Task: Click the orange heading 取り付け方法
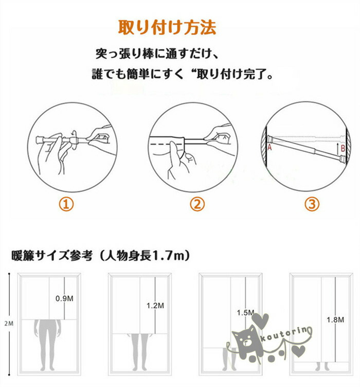coord(167,27)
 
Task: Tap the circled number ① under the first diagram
coord(66,204)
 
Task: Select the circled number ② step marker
coord(197,204)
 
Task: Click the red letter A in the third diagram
coord(269,147)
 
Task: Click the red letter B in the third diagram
coord(343,148)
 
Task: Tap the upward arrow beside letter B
coord(338,148)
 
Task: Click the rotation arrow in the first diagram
coord(74,139)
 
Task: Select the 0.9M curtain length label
coord(64,298)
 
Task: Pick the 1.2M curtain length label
coord(155,306)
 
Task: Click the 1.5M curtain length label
coord(245,313)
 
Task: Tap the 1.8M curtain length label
coord(335,320)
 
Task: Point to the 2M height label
coord(9,323)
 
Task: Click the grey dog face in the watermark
coord(245,339)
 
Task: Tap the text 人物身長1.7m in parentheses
coord(143,255)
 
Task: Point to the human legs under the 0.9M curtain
coord(48,345)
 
